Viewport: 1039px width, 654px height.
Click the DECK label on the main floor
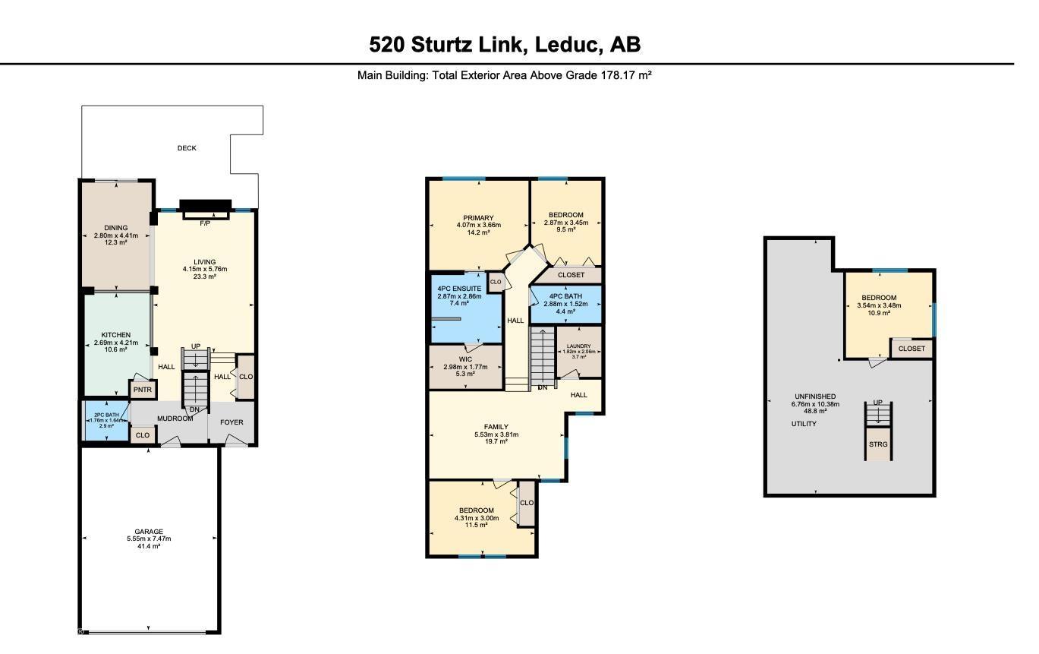(x=187, y=148)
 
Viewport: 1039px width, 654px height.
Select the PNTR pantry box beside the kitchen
(x=143, y=390)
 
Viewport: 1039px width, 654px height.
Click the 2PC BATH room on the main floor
(x=105, y=420)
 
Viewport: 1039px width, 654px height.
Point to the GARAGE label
(x=149, y=532)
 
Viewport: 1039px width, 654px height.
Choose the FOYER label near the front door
(x=232, y=422)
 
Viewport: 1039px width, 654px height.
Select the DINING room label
(x=116, y=228)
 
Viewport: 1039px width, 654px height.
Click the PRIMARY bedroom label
(x=479, y=218)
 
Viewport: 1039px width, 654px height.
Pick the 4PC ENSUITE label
(x=459, y=289)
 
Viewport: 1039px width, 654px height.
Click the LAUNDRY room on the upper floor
(x=578, y=350)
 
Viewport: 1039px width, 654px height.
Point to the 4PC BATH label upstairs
(x=565, y=296)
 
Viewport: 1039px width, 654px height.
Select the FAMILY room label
(x=496, y=427)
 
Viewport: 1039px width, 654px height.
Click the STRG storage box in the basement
(x=878, y=444)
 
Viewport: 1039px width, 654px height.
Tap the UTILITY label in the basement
(x=804, y=424)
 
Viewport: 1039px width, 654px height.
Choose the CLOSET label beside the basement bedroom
(x=911, y=349)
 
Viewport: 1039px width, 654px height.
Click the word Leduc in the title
(x=568, y=45)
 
